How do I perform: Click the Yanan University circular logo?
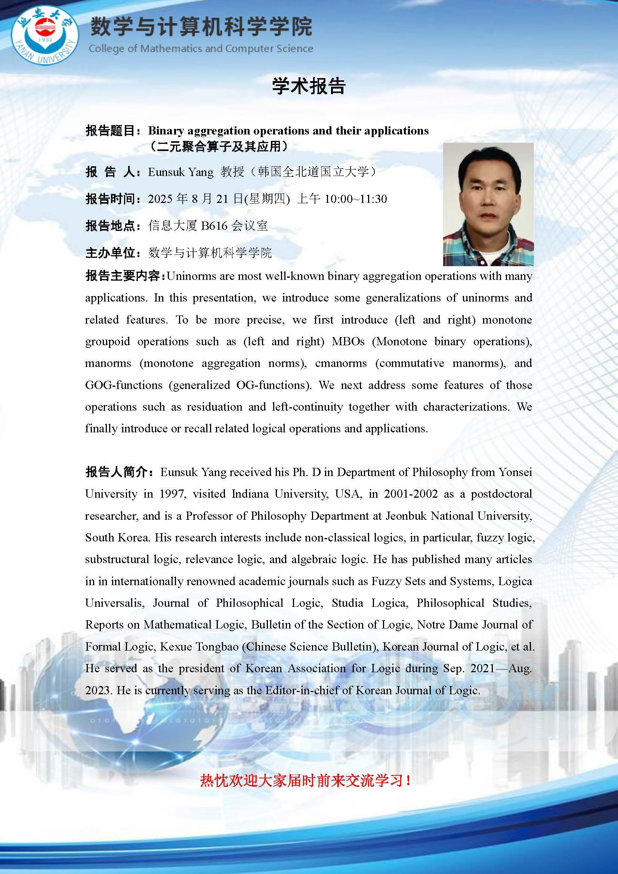45,36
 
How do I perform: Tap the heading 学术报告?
308,86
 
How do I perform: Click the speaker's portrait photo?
488,204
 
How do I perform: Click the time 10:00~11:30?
355,199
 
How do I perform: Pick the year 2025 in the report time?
160,199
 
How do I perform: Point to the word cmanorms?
341,363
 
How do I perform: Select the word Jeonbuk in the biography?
406,516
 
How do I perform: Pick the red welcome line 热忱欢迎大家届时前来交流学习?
305,781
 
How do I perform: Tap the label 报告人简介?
119,472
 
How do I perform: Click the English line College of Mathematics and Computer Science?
201,49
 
